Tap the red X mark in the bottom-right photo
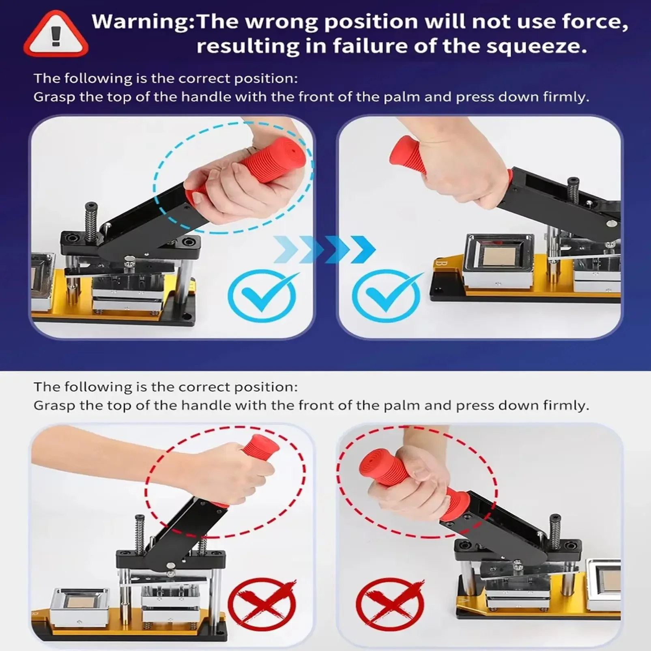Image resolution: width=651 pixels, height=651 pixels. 390,604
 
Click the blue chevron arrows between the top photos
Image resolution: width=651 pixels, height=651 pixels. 324,249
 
